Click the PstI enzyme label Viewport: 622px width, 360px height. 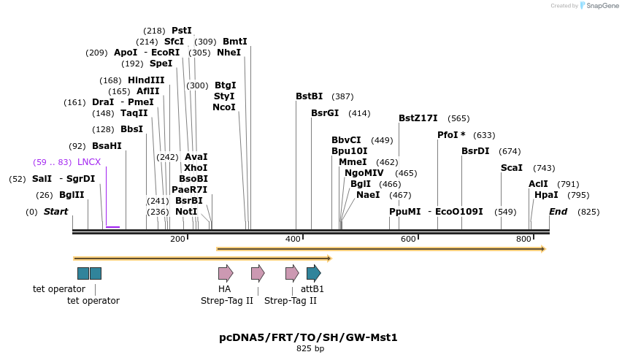(181, 31)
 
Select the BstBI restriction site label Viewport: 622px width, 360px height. (309, 96)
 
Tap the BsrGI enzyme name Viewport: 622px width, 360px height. (325, 113)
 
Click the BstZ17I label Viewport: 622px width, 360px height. (418, 118)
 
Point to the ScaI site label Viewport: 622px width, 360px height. (511, 168)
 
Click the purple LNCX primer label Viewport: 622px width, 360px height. (89, 162)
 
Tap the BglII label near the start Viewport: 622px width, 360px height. (72, 195)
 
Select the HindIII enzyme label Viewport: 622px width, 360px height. (146, 80)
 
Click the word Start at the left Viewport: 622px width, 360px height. (55, 212)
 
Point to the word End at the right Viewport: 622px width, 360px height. (558, 212)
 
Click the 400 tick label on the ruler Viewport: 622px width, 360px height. (293, 239)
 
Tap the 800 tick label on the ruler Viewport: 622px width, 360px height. (523, 239)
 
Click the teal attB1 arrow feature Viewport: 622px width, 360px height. (313, 274)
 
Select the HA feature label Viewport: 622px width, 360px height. (224, 289)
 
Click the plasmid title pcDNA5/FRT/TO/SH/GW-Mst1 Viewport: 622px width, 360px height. (308, 337)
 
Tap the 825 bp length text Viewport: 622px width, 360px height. (310, 349)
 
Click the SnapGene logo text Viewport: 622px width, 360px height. (602, 6)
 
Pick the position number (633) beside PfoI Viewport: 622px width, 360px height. (484, 135)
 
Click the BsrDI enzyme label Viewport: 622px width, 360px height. (475, 151)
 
